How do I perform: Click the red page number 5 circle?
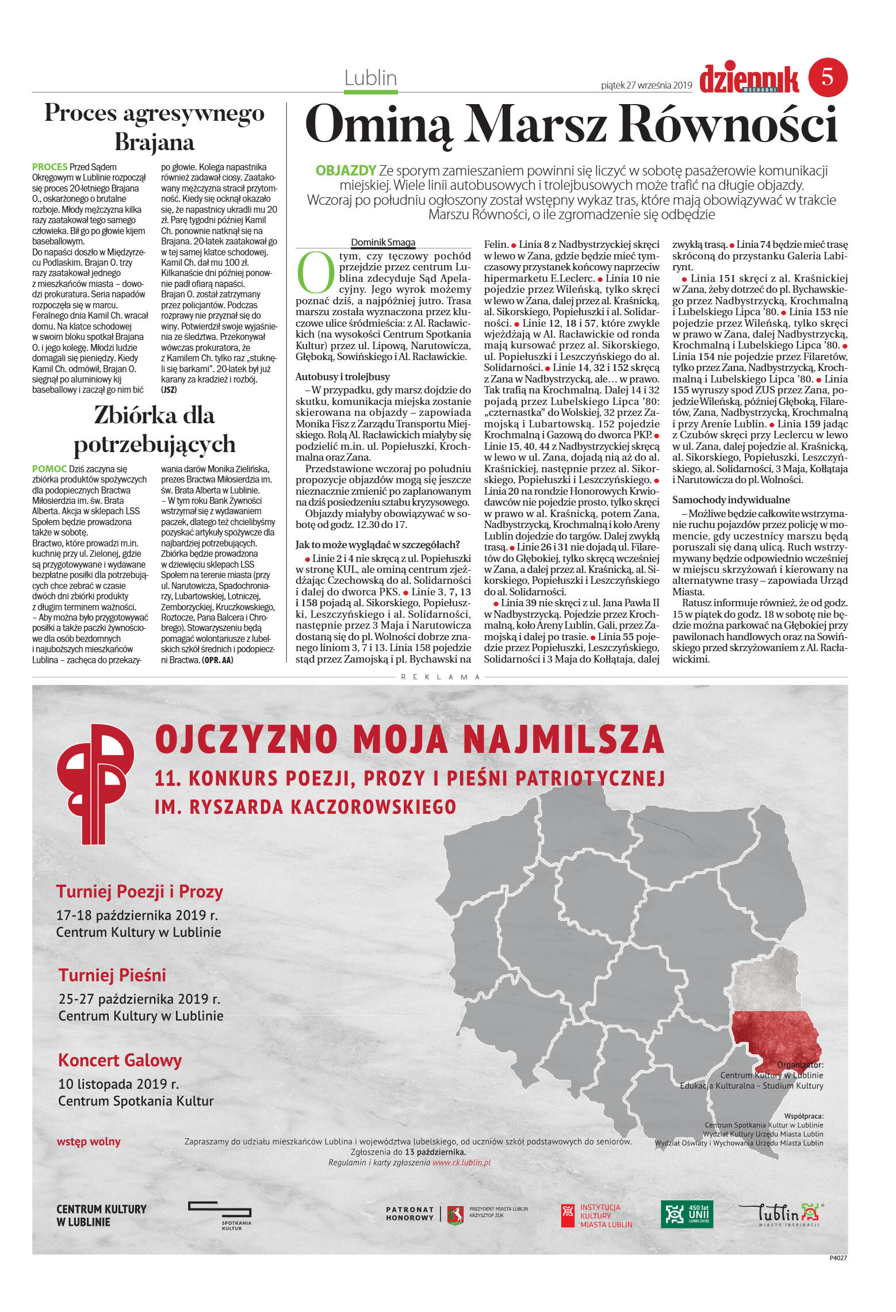828,77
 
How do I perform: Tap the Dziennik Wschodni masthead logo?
749,79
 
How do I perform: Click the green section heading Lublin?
370,78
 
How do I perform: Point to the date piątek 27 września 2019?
646,85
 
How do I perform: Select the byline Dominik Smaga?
383,243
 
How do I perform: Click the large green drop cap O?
316,273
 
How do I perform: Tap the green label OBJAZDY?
346,171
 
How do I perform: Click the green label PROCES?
49,167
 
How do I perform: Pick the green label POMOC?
49,469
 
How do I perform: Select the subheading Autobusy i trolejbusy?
342,377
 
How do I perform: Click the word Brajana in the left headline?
154,142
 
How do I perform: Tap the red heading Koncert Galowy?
120,1059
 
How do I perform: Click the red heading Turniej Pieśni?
112,975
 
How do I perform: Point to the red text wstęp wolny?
89,1141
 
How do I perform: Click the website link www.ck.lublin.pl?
461,1162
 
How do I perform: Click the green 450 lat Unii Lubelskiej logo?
687,1214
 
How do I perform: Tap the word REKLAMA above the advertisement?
441,677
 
